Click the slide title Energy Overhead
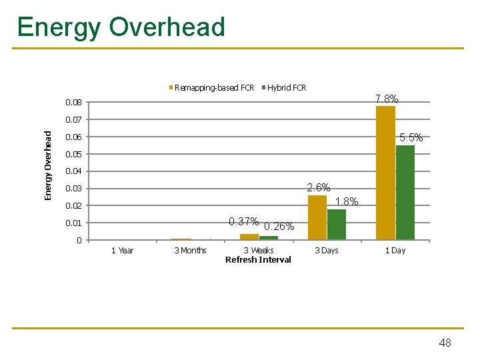click(x=121, y=27)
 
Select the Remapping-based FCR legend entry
click(x=213, y=87)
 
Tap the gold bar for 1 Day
click(x=385, y=172)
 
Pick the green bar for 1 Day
click(x=405, y=192)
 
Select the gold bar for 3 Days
click(x=317, y=217)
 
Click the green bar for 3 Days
click(x=337, y=224)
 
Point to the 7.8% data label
click(x=387, y=99)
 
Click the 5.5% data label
click(x=411, y=138)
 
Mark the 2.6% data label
click(x=318, y=187)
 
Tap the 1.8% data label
click(x=347, y=201)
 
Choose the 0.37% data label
click(x=243, y=221)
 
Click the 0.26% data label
click(x=279, y=227)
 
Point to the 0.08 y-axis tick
click(x=74, y=103)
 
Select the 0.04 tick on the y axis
click(x=74, y=172)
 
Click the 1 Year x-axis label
click(x=122, y=251)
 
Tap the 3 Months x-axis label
click(x=190, y=251)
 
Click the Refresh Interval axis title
click(x=258, y=260)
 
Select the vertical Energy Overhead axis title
click(x=48, y=165)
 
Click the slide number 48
click(x=445, y=343)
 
